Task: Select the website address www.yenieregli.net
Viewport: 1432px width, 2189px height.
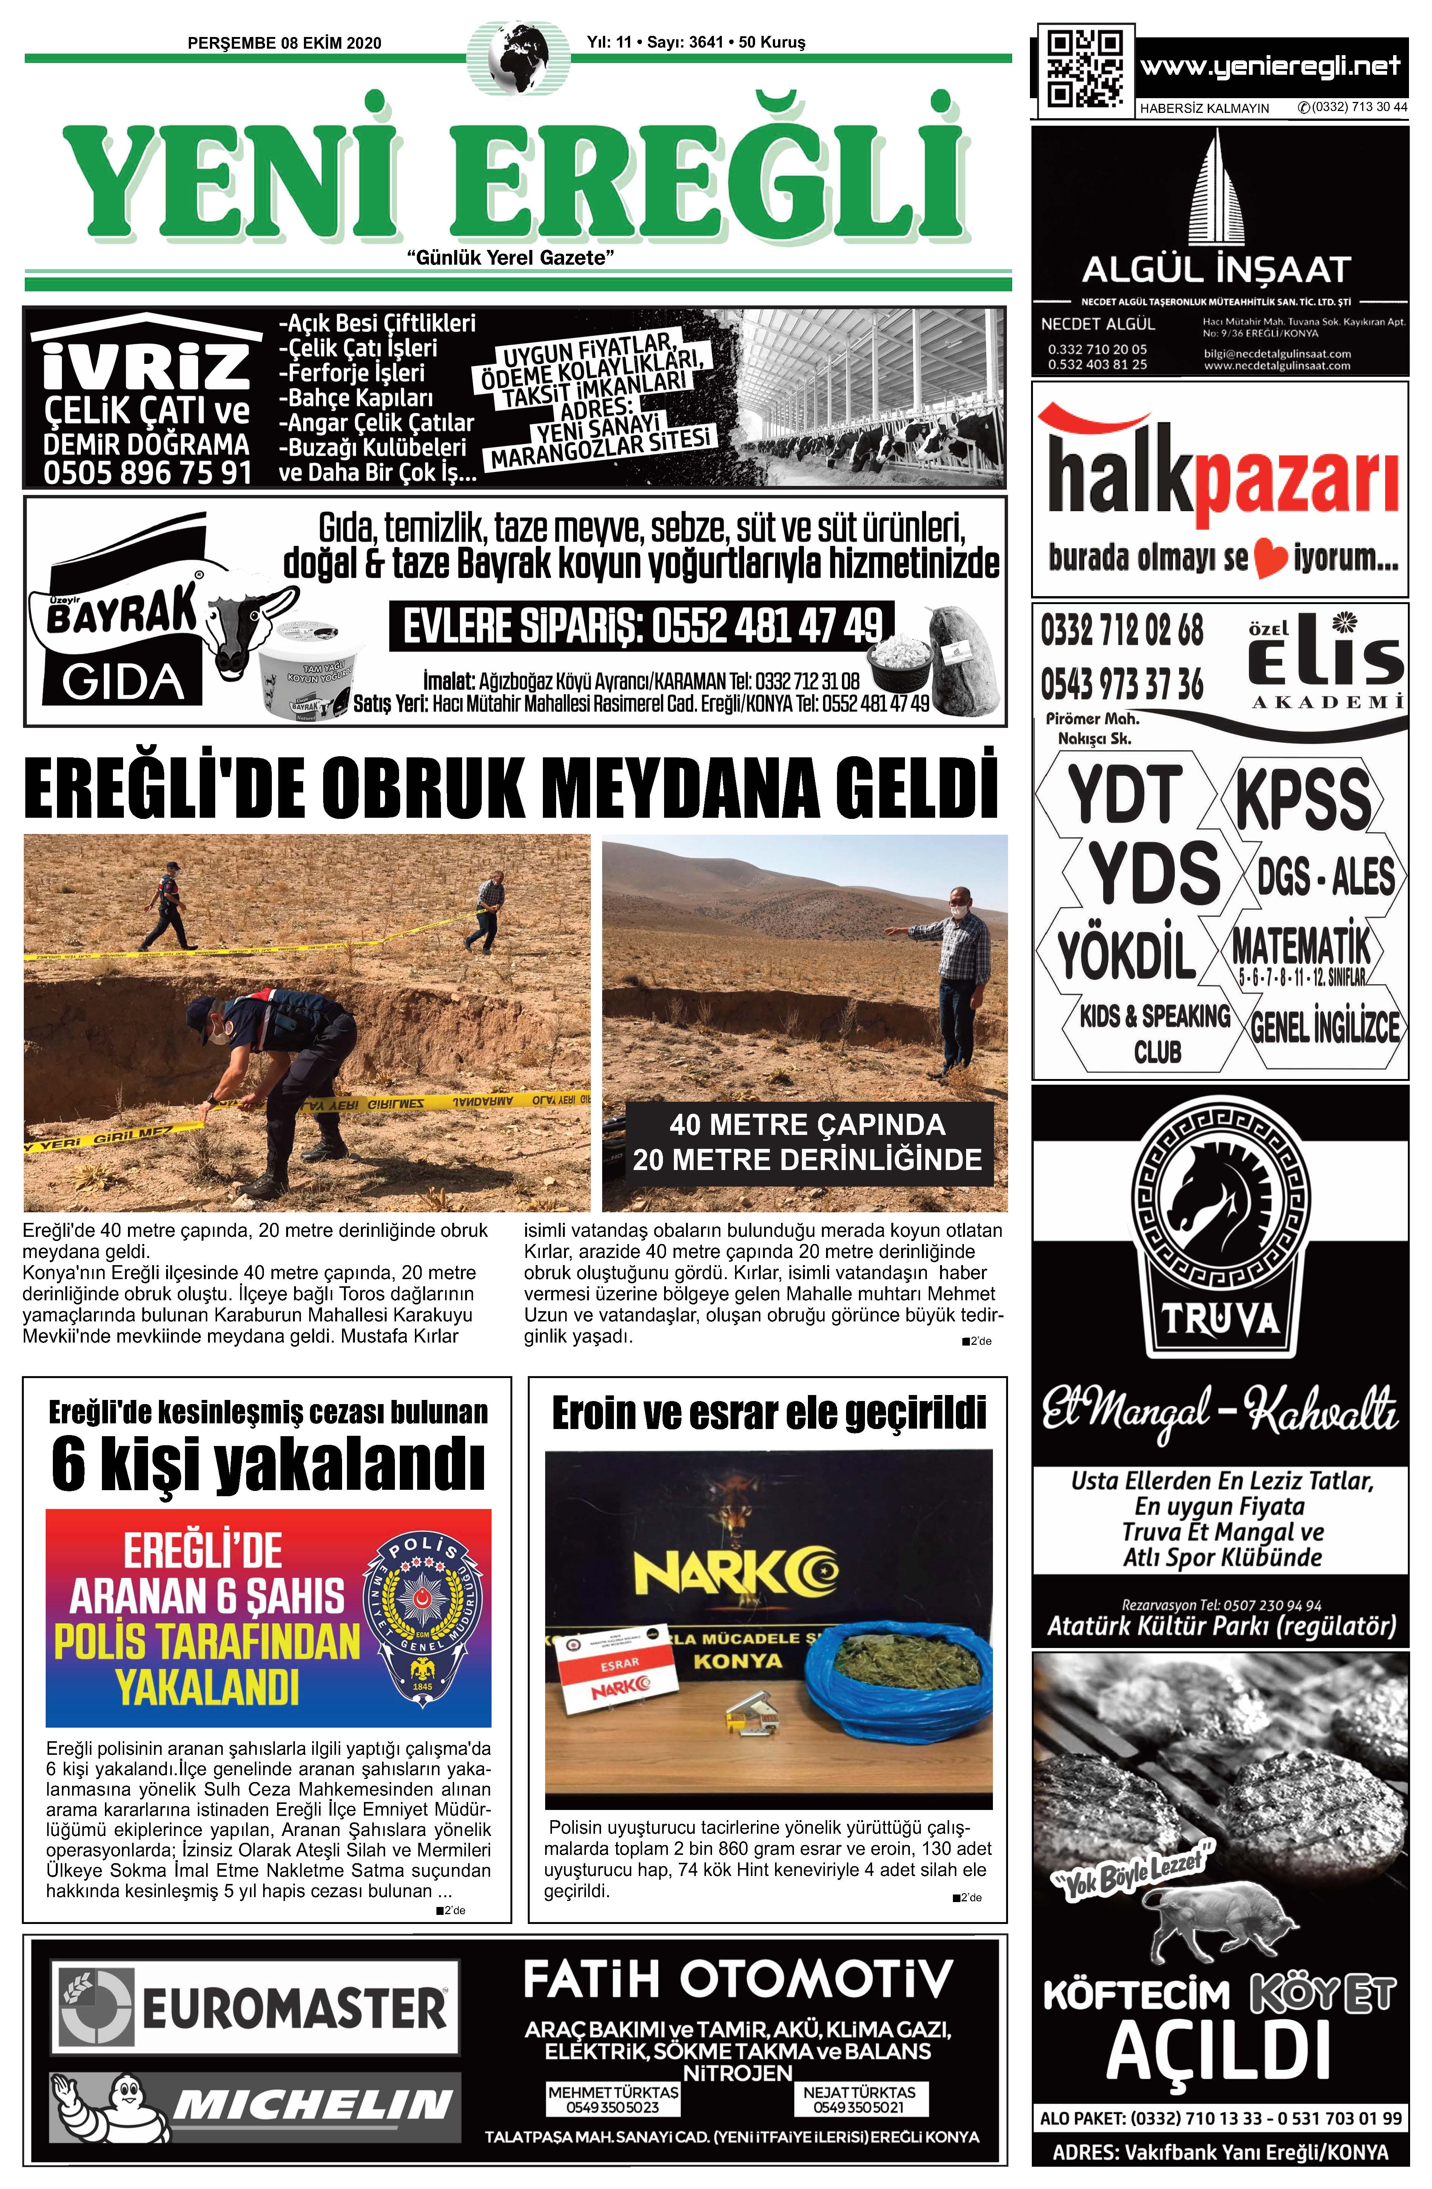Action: tap(1269, 66)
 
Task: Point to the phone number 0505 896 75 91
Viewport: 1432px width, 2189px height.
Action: tap(147, 473)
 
